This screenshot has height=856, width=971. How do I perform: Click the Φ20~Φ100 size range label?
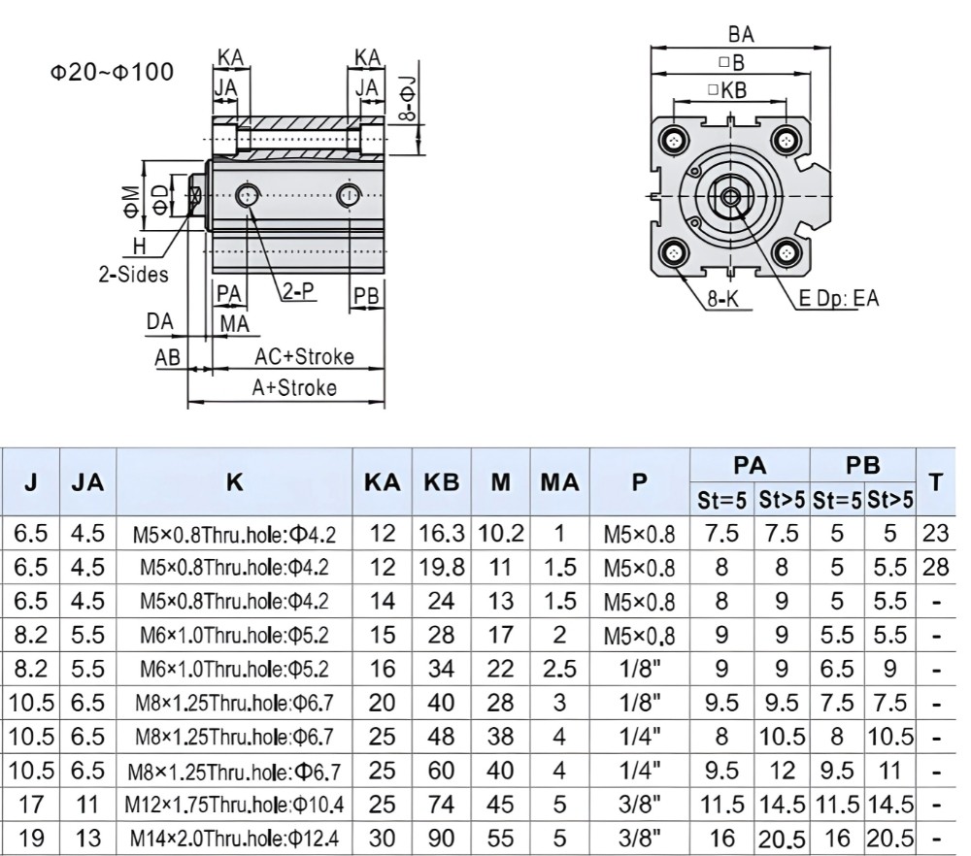[112, 73]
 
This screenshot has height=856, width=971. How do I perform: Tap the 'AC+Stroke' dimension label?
[304, 356]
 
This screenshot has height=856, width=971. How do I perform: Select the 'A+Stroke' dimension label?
[294, 388]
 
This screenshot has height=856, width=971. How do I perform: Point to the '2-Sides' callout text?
[133, 275]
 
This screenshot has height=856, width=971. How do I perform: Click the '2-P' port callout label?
[298, 290]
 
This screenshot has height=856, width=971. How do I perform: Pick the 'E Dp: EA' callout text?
[839, 298]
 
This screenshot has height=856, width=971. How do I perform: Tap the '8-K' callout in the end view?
[723, 299]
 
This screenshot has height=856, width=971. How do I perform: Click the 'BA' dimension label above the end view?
[741, 35]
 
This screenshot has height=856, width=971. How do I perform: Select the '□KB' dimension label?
[727, 90]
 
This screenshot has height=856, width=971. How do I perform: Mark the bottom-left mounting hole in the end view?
[674, 253]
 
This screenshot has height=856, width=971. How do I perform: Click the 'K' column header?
[234, 481]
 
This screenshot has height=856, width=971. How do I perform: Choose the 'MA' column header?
[559, 482]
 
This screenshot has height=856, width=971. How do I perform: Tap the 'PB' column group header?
[862, 466]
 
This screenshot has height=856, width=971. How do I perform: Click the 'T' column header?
[936, 481]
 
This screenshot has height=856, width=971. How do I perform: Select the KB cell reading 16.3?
[442, 533]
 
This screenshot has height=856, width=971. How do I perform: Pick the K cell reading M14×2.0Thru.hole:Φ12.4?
[234, 839]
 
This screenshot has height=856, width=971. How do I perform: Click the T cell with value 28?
[935, 567]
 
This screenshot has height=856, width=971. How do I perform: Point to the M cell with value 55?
[500, 839]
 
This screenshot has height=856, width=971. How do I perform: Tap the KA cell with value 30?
[382, 839]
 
